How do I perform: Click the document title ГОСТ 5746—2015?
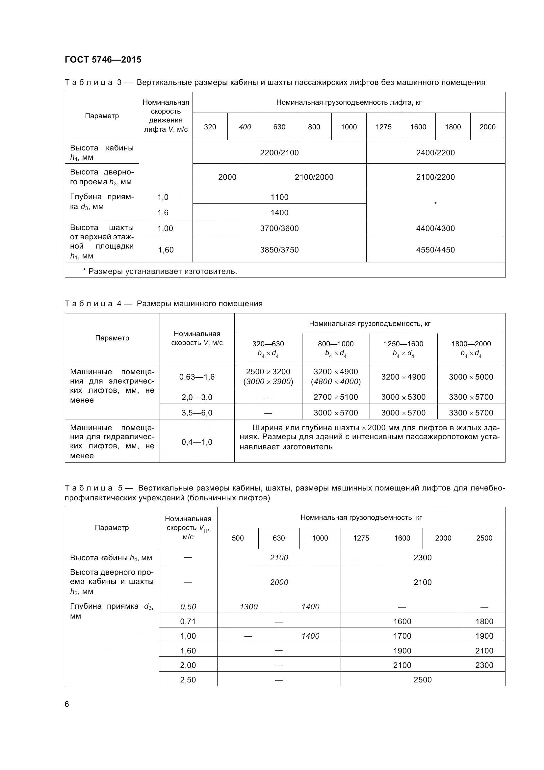point(103,60)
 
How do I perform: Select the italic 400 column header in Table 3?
point(245,127)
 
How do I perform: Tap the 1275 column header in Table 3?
point(383,127)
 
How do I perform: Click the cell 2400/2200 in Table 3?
point(435,153)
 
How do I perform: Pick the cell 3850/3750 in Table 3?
point(279,250)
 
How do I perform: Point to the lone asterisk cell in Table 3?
point(435,204)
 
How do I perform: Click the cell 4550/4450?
point(435,250)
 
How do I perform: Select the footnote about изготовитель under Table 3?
point(160,271)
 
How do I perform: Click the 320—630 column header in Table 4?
point(268,344)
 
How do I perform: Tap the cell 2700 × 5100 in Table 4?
point(336,397)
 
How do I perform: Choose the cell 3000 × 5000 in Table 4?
point(471,377)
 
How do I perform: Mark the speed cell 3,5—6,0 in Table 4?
point(197,413)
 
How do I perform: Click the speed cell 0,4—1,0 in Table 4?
point(197,442)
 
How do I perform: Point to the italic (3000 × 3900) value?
point(268,382)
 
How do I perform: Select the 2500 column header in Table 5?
point(484,538)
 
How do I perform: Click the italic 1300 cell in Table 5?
point(248,607)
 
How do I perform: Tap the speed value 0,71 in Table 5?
point(188,622)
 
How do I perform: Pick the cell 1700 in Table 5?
point(402,636)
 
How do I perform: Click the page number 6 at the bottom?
point(67,704)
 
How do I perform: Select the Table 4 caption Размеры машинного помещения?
point(199,304)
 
